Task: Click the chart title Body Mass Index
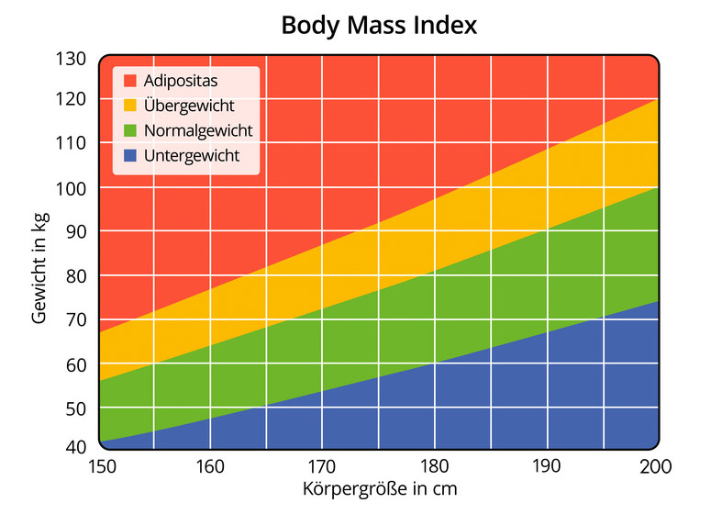378,25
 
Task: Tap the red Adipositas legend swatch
128,81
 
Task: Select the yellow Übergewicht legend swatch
128,106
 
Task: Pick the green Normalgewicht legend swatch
128,130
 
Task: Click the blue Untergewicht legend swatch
128,156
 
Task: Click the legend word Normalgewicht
198,130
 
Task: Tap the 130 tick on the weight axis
72,59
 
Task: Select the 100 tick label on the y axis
72,187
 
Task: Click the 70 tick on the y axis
76,320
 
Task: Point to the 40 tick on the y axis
76,447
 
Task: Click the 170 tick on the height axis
322,466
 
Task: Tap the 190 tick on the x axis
546,466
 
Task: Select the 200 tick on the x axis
656,466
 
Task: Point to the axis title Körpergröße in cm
378,488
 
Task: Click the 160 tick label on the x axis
211,466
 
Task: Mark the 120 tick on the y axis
72,99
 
